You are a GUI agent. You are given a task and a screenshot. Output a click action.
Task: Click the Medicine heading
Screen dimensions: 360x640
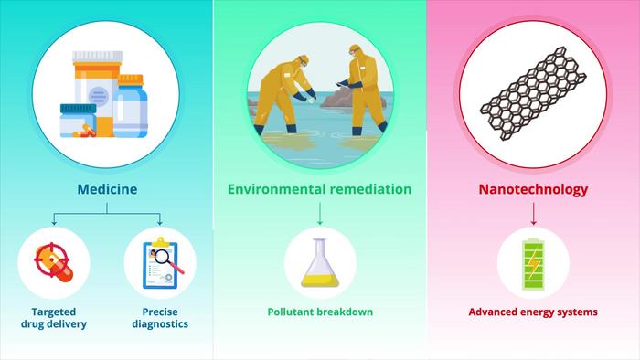click(106, 190)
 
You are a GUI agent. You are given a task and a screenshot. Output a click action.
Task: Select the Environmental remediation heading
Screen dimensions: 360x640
click(320, 190)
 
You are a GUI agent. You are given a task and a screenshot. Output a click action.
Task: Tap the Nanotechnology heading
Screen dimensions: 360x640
click(533, 190)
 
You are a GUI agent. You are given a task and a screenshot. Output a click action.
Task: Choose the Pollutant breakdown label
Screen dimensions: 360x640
click(320, 312)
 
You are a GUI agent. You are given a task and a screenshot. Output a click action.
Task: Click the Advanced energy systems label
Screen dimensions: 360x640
click(533, 312)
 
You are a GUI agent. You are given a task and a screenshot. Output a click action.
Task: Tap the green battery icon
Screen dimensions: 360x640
click(533, 265)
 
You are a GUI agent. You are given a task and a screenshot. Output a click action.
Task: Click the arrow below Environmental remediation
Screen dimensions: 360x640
click(320, 215)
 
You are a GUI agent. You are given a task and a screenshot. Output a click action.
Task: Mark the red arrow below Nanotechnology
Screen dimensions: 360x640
click(533, 215)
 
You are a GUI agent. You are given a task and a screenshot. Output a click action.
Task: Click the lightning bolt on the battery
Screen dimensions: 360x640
click(533, 267)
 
